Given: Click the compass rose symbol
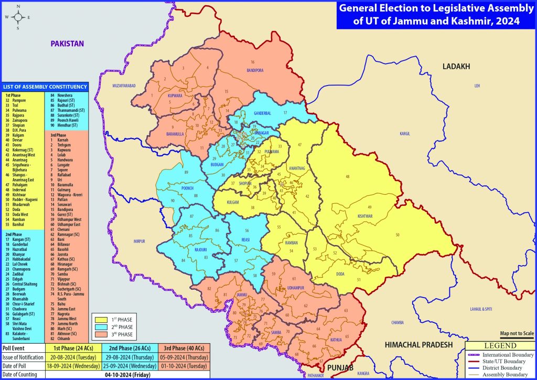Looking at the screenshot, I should pyautogui.click(x=18, y=17).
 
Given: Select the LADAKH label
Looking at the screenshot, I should pyautogui.click(x=456, y=67).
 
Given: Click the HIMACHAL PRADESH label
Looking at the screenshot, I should pyautogui.click(x=418, y=344).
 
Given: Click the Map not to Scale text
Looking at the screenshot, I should pyautogui.click(x=517, y=333).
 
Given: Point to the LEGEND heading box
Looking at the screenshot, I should pyautogui.click(x=501, y=346).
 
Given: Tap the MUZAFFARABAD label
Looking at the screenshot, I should pyautogui.click(x=124, y=85).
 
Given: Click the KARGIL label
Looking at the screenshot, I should pyautogui.click(x=404, y=134).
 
